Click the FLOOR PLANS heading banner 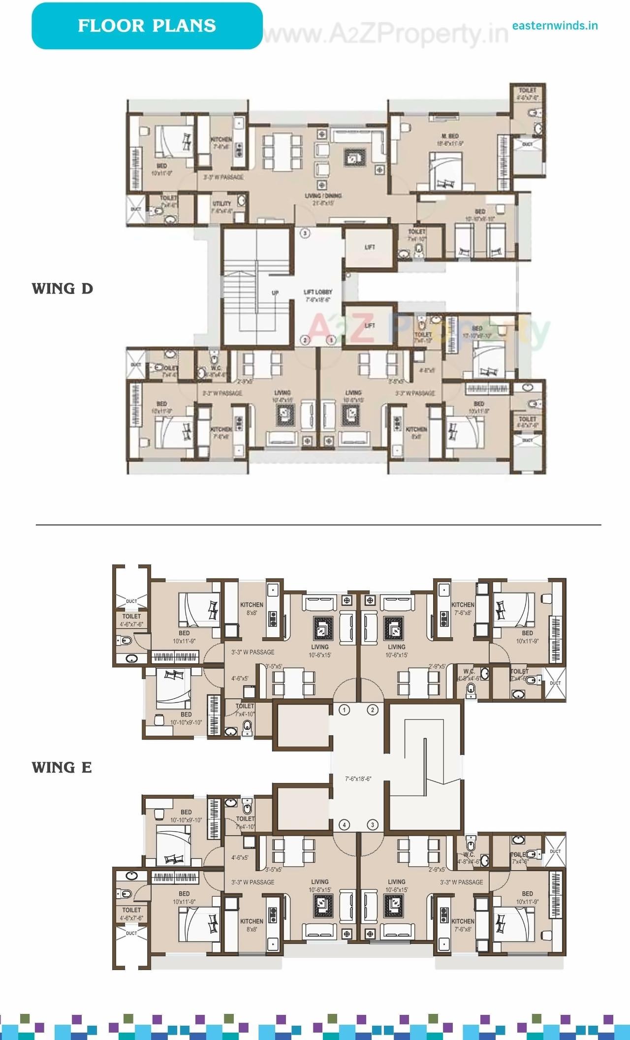(x=147, y=26)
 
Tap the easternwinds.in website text (x=555, y=26)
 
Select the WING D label (x=63, y=289)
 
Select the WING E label (x=62, y=767)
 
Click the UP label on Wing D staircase (x=275, y=293)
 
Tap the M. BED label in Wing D (x=450, y=136)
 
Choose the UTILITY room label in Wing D (x=221, y=204)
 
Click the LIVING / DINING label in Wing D (x=323, y=196)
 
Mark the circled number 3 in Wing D (x=305, y=233)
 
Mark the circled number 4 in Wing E (x=344, y=825)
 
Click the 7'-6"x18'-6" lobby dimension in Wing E (x=358, y=779)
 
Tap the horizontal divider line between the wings (x=318, y=525)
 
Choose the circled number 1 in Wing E (x=344, y=710)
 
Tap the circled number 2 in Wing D (x=305, y=340)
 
